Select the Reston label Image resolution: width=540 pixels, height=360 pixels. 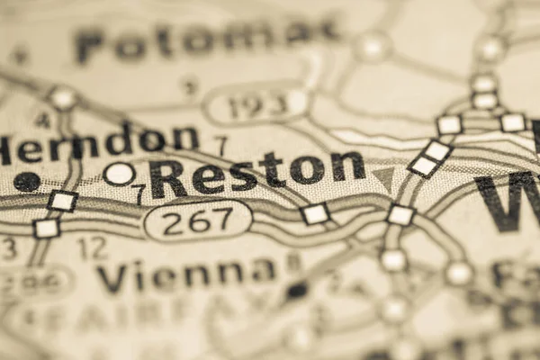coord(257,173)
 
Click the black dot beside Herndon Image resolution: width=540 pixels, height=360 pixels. coord(27,182)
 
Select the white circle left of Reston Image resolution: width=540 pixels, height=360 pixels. coord(120,174)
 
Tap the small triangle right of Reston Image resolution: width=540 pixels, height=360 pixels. coord(384,176)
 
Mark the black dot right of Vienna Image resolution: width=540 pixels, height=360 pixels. coord(296,291)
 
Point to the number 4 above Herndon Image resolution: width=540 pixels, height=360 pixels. coord(42,120)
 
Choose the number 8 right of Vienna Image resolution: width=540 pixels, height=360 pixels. coord(292,263)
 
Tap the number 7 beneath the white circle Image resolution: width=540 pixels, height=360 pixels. coord(138,193)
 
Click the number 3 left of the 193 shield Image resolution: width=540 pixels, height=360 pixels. coord(189,87)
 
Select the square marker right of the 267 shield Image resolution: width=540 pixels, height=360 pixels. coord(315,213)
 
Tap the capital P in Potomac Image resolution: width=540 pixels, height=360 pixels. coord(90,47)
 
